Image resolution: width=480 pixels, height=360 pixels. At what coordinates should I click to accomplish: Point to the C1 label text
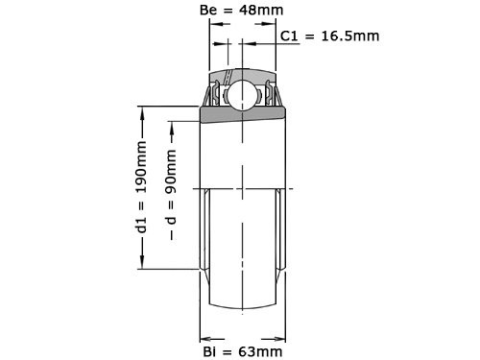[291, 36]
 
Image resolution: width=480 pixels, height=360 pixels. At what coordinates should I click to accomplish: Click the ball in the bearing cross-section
[243, 95]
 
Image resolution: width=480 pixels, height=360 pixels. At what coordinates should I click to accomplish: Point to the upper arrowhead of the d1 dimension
[143, 109]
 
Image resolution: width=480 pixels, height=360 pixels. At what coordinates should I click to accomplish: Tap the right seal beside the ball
[273, 97]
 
